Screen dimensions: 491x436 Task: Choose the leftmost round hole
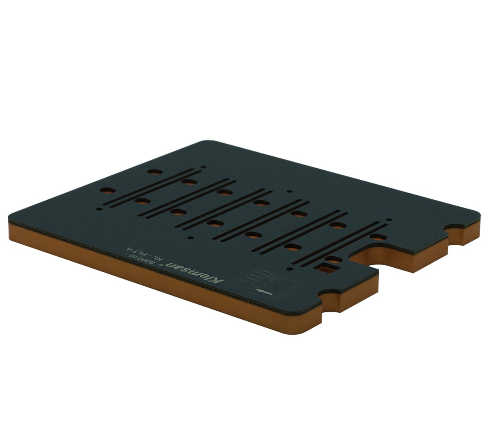click(106, 191)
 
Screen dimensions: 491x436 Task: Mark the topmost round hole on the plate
click(155, 172)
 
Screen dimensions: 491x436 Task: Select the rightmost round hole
click(378, 237)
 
